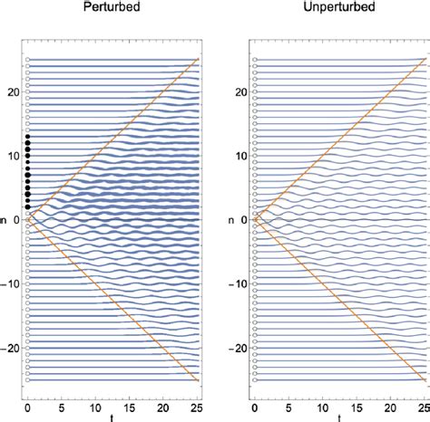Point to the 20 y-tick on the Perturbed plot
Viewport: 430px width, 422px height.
[x=13, y=92]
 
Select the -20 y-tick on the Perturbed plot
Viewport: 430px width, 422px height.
[x=11, y=349]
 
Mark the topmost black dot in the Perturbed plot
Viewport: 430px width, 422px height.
[x=28, y=138]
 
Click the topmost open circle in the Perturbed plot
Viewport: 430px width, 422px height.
[x=28, y=60]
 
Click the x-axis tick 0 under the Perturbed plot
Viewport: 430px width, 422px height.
[x=28, y=407]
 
